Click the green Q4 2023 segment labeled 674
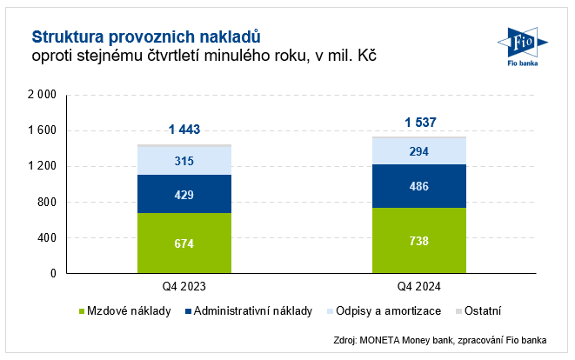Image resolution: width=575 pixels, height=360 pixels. [184, 243]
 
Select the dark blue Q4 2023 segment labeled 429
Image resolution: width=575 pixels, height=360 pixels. [184, 194]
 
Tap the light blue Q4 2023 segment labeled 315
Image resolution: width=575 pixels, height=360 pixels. [184, 161]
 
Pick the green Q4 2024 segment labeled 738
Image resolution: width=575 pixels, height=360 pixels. [418, 240]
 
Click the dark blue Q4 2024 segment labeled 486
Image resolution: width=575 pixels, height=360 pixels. [418, 186]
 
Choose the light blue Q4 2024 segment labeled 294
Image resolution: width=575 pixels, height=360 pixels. [418, 151]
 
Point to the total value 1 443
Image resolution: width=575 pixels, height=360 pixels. [184, 130]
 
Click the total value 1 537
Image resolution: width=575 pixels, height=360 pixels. [418, 122]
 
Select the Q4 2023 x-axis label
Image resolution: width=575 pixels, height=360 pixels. [184, 284]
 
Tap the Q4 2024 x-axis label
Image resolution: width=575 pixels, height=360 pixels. [418, 284]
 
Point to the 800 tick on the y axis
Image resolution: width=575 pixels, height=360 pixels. [45, 202]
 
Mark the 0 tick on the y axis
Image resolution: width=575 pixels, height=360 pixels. [53, 273]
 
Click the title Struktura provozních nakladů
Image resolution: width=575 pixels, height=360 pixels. [146, 37]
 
